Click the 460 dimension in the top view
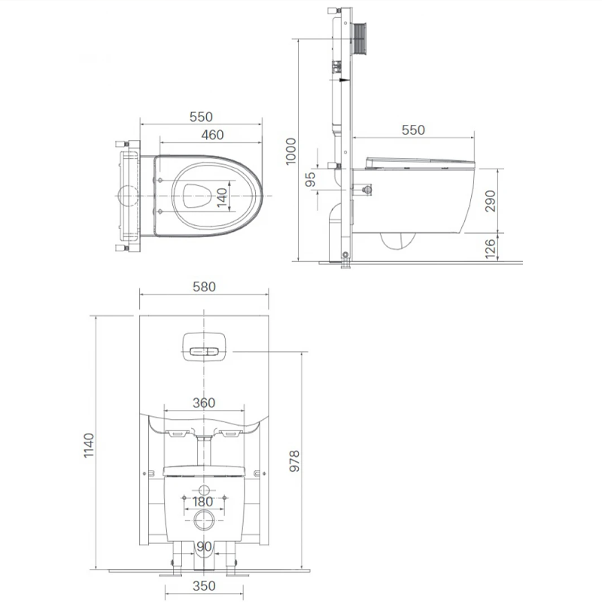pyautogui.click(x=212, y=135)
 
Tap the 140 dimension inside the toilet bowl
pyautogui.click(x=222, y=196)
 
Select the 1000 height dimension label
pyautogui.click(x=291, y=151)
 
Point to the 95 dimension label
pyautogui.click(x=310, y=179)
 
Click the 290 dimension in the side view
pyautogui.click(x=491, y=201)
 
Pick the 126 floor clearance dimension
pyautogui.click(x=491, y=248)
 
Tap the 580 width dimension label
pyautogui.click(x=204, y=287)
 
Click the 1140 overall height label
pyautogui.click(x=89, y=445)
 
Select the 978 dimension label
pyautogui.click(x=294, y=461)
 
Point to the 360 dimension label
pyautogui.click(x=204, y=403)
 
